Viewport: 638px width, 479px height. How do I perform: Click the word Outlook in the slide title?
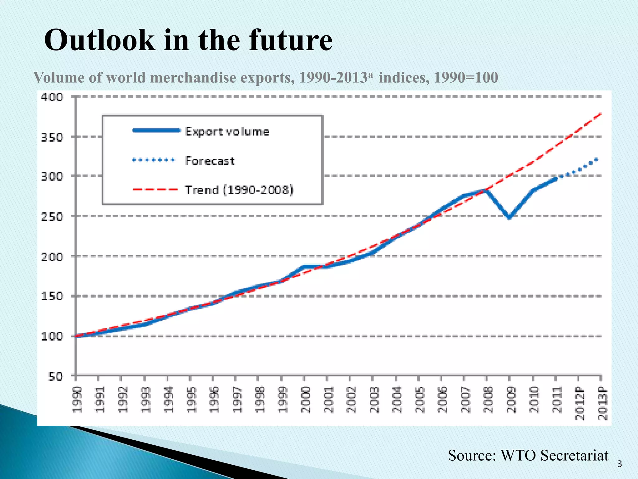click(x=99, y=41)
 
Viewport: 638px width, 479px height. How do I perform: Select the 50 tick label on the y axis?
click(x=55, y=376)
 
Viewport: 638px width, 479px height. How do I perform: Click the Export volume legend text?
click(x=227, y=132)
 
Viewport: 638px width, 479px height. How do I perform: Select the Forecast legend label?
click(x=210, y=161)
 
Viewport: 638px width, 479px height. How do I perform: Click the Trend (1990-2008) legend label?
click(x=239, y=190)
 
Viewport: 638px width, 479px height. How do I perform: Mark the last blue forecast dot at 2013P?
click(x=596, y=160)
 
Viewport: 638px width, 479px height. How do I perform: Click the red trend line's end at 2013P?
click(x=601, y=114)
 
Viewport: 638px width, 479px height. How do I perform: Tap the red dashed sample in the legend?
click(x=155, y=190)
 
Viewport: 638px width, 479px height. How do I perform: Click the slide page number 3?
click(x=619, y=464)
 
